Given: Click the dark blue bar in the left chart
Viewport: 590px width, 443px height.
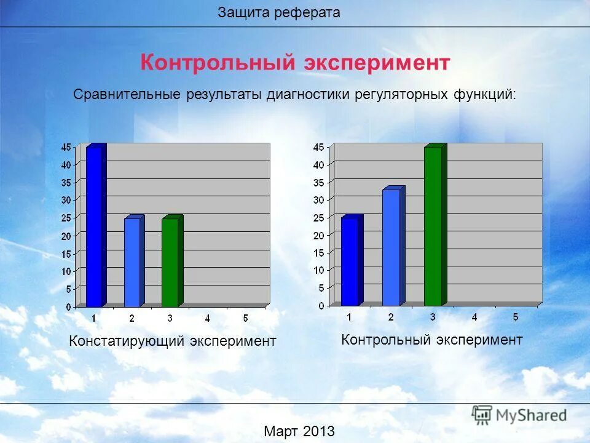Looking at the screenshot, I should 94,228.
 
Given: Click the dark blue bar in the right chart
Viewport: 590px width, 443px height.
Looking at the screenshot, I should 350,261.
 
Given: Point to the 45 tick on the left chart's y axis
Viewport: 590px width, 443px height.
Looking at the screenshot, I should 66,146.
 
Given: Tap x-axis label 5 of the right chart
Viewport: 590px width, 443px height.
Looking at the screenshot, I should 516,317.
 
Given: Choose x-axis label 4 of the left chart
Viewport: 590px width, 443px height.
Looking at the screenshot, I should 208,318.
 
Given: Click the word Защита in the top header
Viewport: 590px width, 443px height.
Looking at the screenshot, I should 243,13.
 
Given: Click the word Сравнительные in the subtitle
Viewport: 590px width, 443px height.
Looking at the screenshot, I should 126,95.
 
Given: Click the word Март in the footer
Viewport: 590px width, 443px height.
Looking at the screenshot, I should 280,431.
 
